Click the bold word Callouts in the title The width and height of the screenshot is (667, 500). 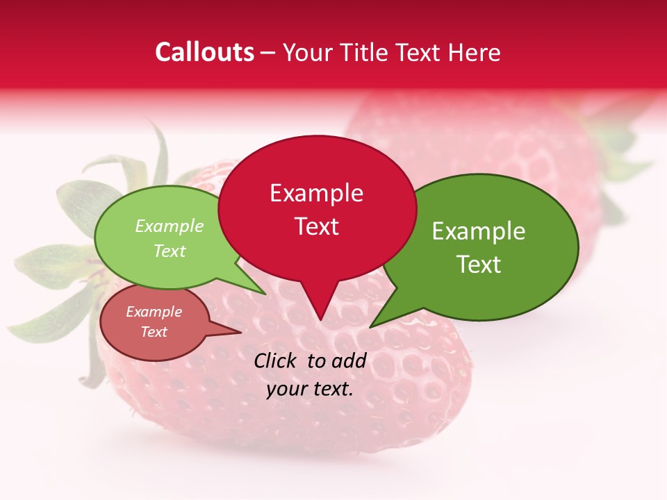(204, 52)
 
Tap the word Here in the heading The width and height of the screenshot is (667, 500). (475, 52)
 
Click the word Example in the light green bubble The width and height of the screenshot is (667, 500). (170, 226)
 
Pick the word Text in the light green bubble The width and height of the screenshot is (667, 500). (170, 251)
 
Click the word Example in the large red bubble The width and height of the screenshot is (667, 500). (316, 193)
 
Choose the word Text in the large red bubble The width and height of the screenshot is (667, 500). (316, 226)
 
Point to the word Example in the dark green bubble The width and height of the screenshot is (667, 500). (479, 231)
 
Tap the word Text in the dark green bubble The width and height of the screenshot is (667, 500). (479, 265)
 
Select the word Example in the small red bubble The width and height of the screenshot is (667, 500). (154, 312)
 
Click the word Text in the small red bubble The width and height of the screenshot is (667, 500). (154, 332)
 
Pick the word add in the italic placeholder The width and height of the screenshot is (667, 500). (348, 360)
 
